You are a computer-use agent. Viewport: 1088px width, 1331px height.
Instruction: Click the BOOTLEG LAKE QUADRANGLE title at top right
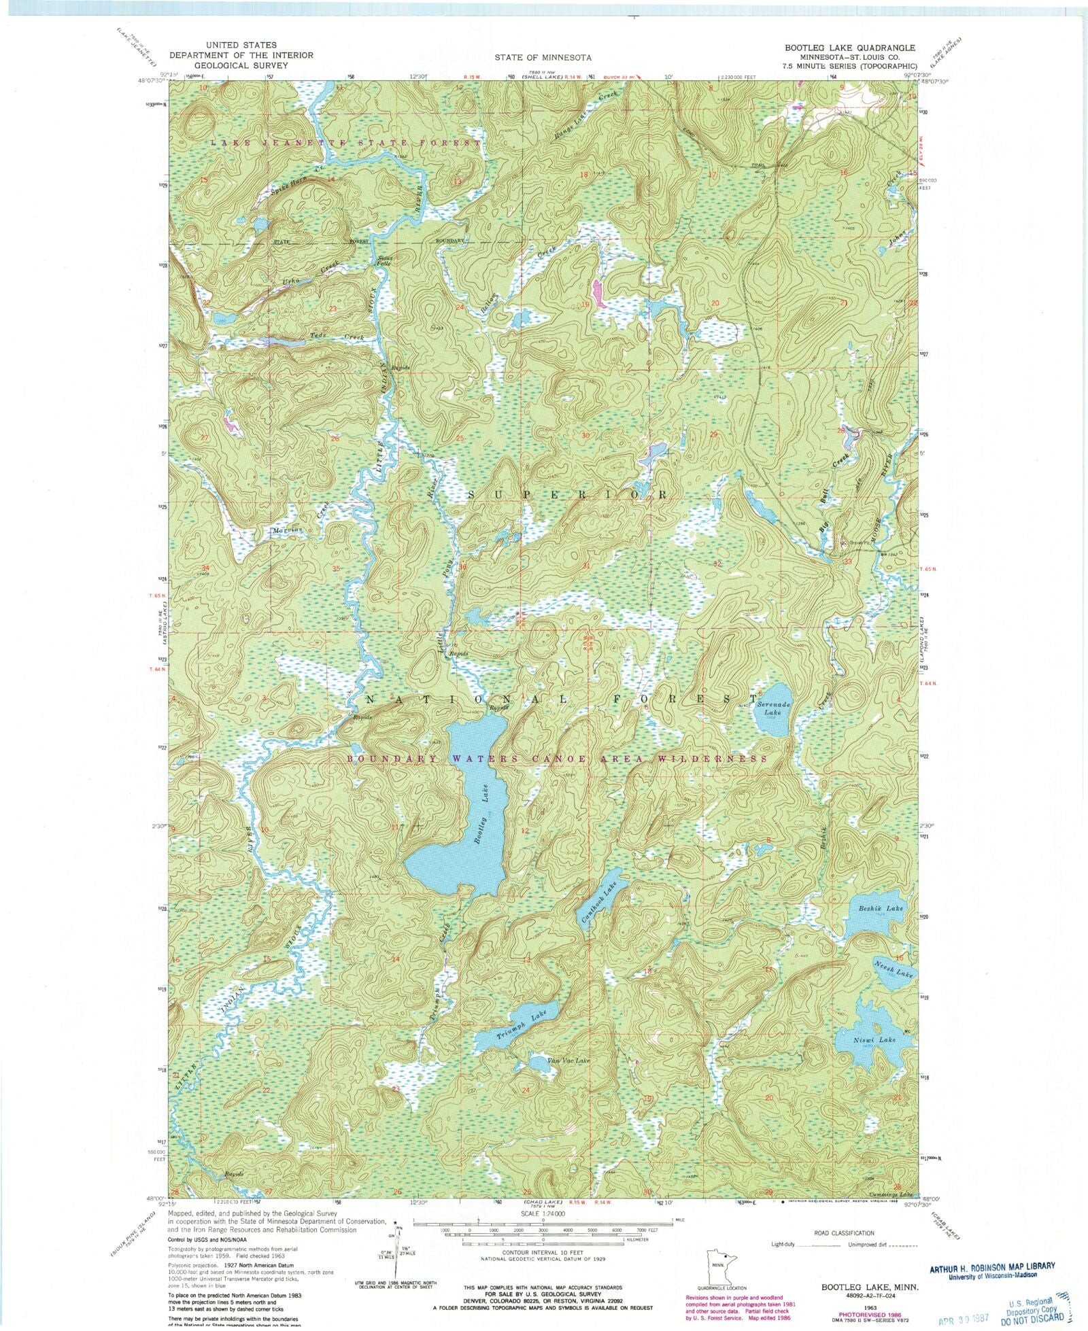pyautogui.click(x=850, y=48)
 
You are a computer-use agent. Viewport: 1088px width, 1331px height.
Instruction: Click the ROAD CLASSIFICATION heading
pyautogui.click(x=844, y=1232)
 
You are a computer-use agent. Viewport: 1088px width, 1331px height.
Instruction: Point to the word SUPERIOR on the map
pyautogui.click(x=568, y=495)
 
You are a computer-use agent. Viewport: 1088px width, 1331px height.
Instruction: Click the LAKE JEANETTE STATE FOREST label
pyautogui.click(x=345, y=143)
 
